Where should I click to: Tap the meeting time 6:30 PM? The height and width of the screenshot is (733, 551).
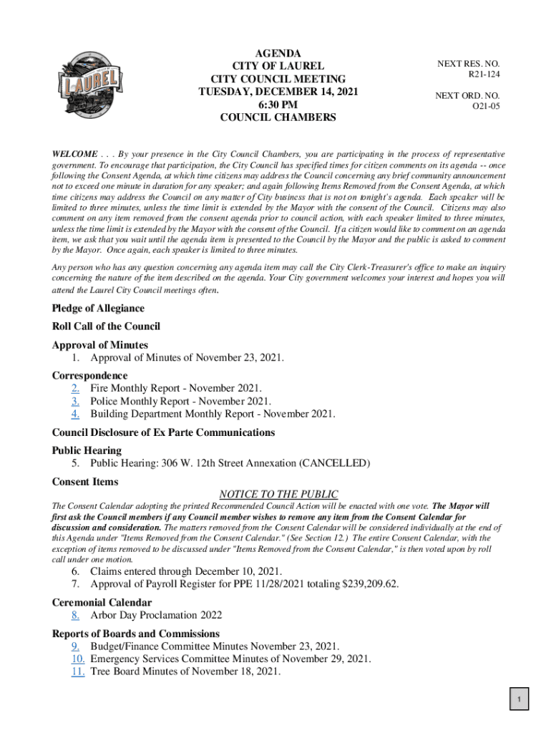278,105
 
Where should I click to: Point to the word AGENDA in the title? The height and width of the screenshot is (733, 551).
278,54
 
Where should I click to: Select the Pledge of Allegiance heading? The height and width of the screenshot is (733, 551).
98,309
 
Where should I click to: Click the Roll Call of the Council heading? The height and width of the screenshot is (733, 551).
106,326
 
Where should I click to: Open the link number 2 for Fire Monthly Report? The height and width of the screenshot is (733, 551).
75,388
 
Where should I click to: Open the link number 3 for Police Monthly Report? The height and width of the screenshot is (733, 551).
75,401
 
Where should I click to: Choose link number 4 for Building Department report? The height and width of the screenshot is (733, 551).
75,414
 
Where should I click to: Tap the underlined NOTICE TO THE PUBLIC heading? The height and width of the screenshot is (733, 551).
278,494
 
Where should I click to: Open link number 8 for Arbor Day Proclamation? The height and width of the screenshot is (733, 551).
75,615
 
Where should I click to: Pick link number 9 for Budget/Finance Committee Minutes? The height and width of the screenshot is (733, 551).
75,646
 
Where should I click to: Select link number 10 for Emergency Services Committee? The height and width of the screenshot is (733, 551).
79,659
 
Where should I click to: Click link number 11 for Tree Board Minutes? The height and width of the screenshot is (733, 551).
79,671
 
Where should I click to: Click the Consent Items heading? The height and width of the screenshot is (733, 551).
85,482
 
